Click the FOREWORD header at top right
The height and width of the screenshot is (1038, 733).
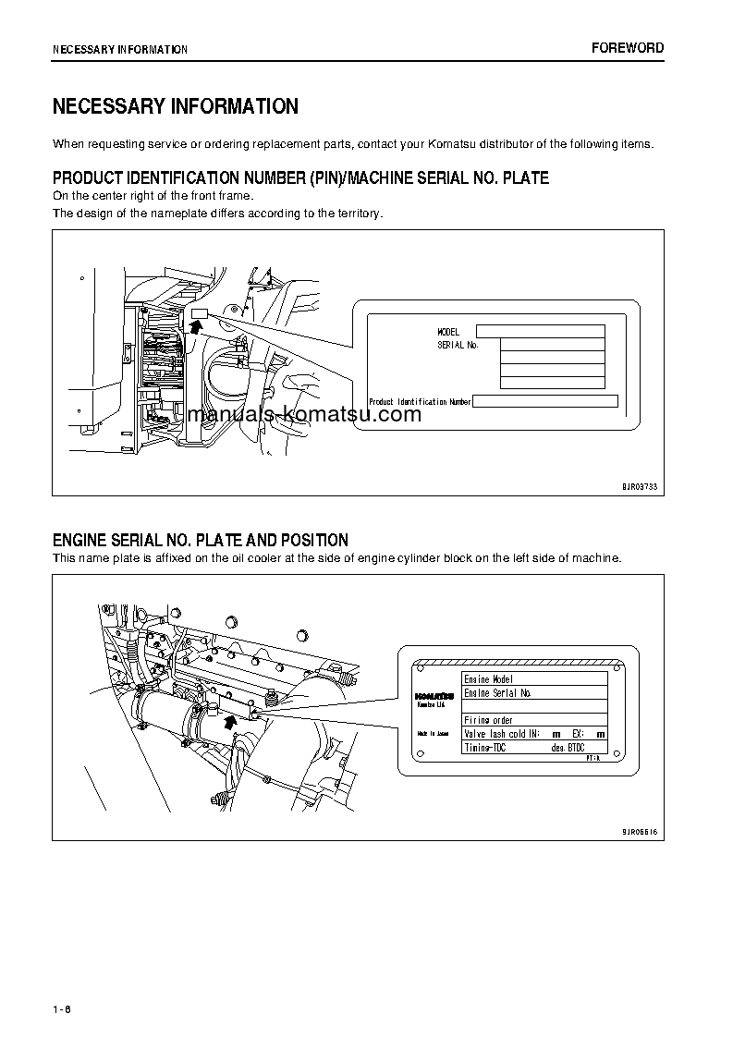pos(628,48)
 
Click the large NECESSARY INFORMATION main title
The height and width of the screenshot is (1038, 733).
pos(176,106)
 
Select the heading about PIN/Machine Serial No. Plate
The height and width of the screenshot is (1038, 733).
pos(300,177)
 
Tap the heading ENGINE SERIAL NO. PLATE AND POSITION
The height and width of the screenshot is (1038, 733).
pos(201,540)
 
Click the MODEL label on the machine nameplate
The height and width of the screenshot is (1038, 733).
pos(448,332)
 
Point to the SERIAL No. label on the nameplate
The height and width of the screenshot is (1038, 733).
pos(458,345)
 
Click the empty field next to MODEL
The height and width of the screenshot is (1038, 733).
pos(540,332)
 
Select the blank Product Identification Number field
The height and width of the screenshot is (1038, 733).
pos(545,401)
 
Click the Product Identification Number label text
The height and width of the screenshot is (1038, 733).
pos(420,402)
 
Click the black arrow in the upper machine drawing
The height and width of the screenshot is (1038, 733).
pos(195,325)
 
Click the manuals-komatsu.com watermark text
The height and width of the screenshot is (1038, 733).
pos(303,414)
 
